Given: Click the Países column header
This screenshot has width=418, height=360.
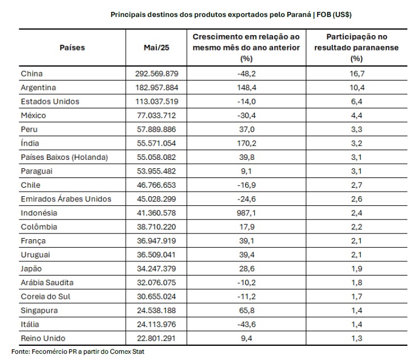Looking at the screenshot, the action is (72, 48).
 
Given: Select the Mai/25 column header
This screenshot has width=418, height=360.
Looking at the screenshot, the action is (156, 48).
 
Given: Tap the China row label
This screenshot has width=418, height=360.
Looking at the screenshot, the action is (32, 74).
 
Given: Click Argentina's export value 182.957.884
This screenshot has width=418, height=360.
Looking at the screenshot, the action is (157, 87).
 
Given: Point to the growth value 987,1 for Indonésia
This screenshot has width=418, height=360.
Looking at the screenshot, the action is (246, 213).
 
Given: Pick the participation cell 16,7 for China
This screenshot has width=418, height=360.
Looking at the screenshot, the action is (357, 74).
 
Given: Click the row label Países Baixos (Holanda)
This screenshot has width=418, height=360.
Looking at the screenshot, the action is (65, 157).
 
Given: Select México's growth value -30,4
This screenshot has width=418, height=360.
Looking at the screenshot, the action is (246, 115).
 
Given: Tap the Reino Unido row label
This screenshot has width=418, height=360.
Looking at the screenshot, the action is (43, 338).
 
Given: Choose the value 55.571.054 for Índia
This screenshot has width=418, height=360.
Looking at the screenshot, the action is (156, 143).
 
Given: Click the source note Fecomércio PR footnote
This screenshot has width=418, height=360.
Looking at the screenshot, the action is (78, 351).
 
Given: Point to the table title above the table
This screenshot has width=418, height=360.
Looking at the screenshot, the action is (231, 14).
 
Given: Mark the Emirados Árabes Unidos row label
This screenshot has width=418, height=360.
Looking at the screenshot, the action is (66, 199).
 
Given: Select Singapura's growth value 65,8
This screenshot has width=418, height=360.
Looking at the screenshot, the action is (247, 310).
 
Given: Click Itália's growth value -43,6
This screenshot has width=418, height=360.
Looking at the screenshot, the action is (246, 324).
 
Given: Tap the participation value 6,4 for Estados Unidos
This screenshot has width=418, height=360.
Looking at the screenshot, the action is (357, 101).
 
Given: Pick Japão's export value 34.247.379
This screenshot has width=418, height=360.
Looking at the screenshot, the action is (156, 269).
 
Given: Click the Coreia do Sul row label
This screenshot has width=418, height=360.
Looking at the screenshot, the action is (45, 297).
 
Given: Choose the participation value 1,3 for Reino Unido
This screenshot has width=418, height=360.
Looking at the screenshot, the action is (357, 338).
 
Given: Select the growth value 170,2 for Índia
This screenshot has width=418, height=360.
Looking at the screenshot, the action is (246, 143).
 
